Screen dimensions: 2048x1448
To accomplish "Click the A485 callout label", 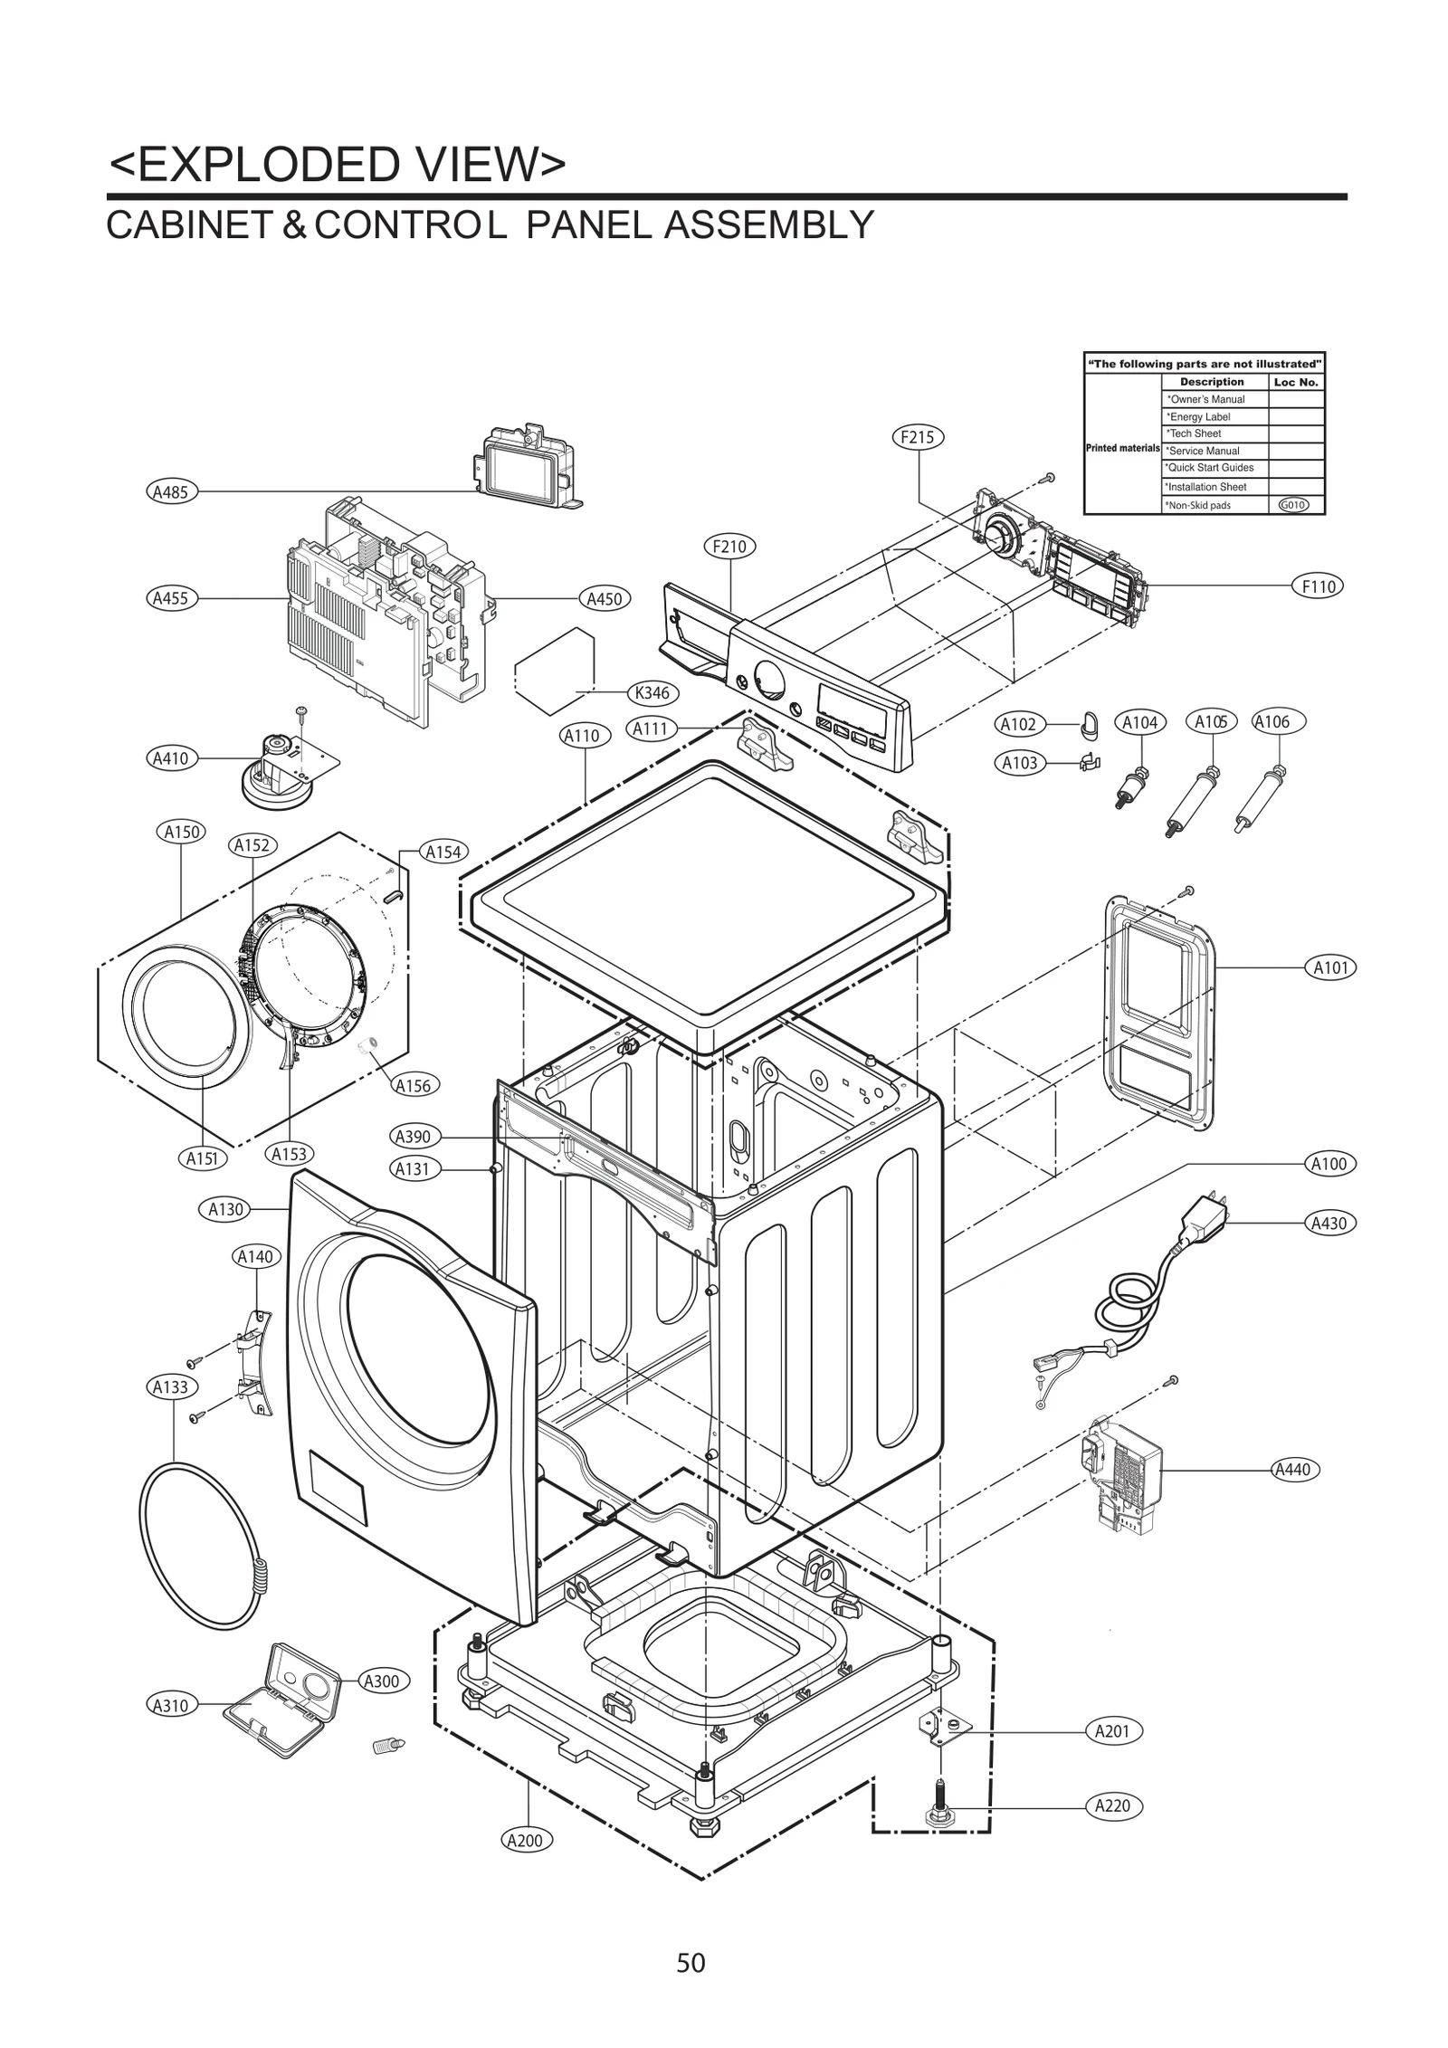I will tap(169, 492).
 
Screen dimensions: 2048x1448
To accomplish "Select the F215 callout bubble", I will tap(918, 437).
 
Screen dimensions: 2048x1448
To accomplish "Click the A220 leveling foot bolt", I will tap(941, 1808).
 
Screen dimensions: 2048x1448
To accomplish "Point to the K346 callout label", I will tap(653, 693).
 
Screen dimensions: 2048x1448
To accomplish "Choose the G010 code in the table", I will tap(1294, 505).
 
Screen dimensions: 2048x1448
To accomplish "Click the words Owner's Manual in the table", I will tap(1206, 399).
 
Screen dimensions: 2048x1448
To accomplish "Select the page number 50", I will tap(691, 1963).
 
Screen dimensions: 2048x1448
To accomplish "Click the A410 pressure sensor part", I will tap(271, 769).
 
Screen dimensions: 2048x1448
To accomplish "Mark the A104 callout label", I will tap(1139, 722).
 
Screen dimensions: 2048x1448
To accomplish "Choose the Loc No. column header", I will tap(1296, 382).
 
